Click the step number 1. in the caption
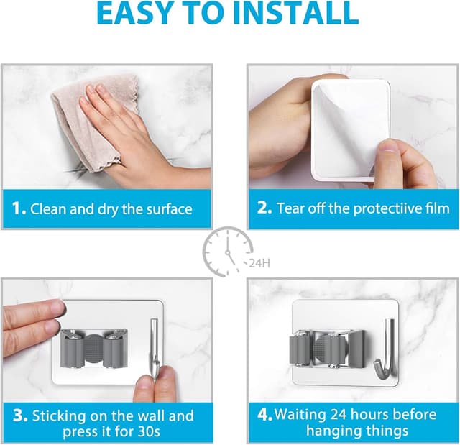point(19,209)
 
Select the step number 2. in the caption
point(264,209)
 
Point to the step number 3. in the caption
point(20,416)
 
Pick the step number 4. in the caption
point(264,415)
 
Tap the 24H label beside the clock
point(259,263)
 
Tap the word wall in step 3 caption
point(149,416)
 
